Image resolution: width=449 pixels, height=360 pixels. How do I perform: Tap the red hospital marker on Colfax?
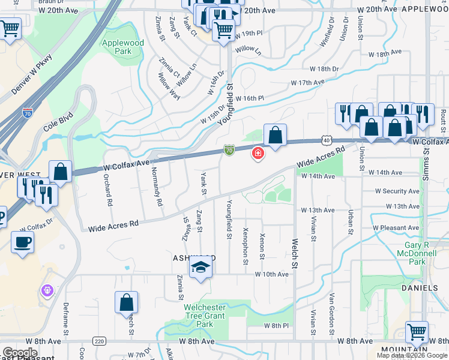tap(258, 154)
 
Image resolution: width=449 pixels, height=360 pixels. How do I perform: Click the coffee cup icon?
tap(23, 242)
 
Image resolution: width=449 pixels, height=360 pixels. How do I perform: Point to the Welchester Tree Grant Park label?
tap(206, 316)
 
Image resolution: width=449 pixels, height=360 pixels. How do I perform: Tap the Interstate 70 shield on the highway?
tap(28, 112)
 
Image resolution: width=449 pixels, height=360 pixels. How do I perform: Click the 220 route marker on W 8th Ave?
tap(100, 341)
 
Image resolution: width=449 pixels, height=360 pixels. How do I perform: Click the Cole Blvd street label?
tap(58, 122)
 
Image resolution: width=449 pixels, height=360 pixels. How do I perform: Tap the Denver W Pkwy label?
tap(32, 75)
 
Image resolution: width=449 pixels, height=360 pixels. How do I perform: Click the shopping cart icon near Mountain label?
tap(417, 331)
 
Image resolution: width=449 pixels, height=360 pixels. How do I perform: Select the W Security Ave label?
tap(397, 191)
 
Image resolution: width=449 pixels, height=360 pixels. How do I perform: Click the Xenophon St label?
tap(246, 246)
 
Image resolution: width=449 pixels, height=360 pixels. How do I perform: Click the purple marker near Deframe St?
tap(47, 290)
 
